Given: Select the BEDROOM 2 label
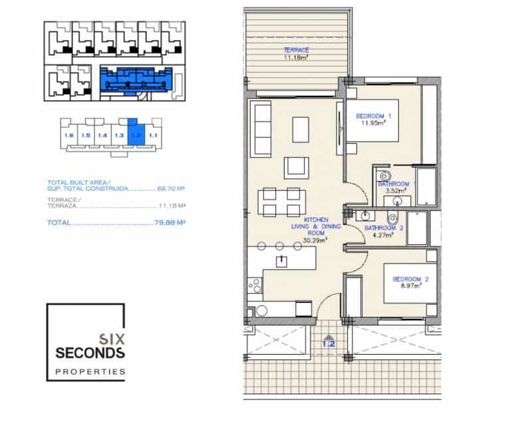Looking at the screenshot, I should tap(410, 278).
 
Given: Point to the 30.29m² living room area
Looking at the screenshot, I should tap(315, 241).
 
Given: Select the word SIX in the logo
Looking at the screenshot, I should tap(110, 337).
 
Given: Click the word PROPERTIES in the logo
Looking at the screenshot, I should tap(90, 371).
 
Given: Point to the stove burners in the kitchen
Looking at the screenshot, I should tap(255, 286).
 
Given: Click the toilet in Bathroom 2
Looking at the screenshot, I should tap(393, 218).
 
